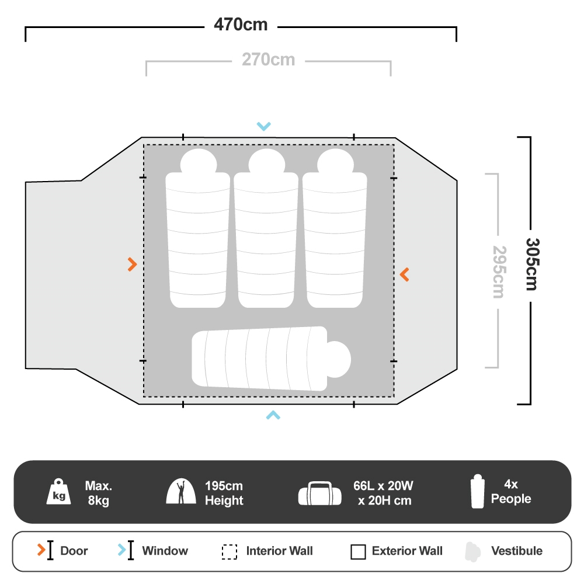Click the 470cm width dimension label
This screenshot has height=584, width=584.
241,25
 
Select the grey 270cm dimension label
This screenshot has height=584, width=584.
268,60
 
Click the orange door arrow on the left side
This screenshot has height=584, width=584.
132,265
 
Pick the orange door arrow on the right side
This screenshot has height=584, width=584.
404,274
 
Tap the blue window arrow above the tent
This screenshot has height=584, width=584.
264,126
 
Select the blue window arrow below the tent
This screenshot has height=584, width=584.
273,415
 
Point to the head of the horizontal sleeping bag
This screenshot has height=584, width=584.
338,357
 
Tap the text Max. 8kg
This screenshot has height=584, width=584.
98,493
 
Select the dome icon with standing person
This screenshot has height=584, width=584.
181,492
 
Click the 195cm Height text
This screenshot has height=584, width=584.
224,493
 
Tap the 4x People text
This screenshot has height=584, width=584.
511,492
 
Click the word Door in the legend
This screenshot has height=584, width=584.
74,551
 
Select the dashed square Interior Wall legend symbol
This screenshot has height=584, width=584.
230,552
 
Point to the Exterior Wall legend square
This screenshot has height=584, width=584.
358,552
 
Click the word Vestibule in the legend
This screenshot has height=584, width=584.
516,551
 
